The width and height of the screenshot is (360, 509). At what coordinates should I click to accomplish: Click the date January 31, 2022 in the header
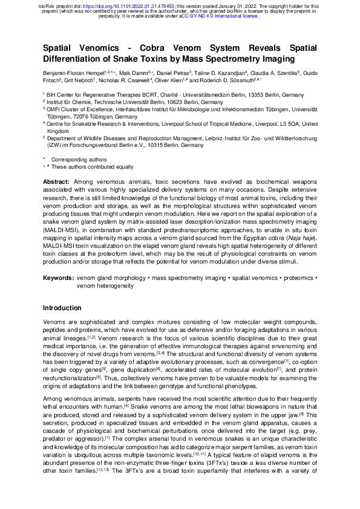click(x=234, y=4)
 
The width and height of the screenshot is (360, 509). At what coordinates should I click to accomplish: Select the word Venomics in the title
click(x=100, y=48)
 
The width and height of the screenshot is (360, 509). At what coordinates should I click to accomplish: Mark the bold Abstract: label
click(x=57, y=182)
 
